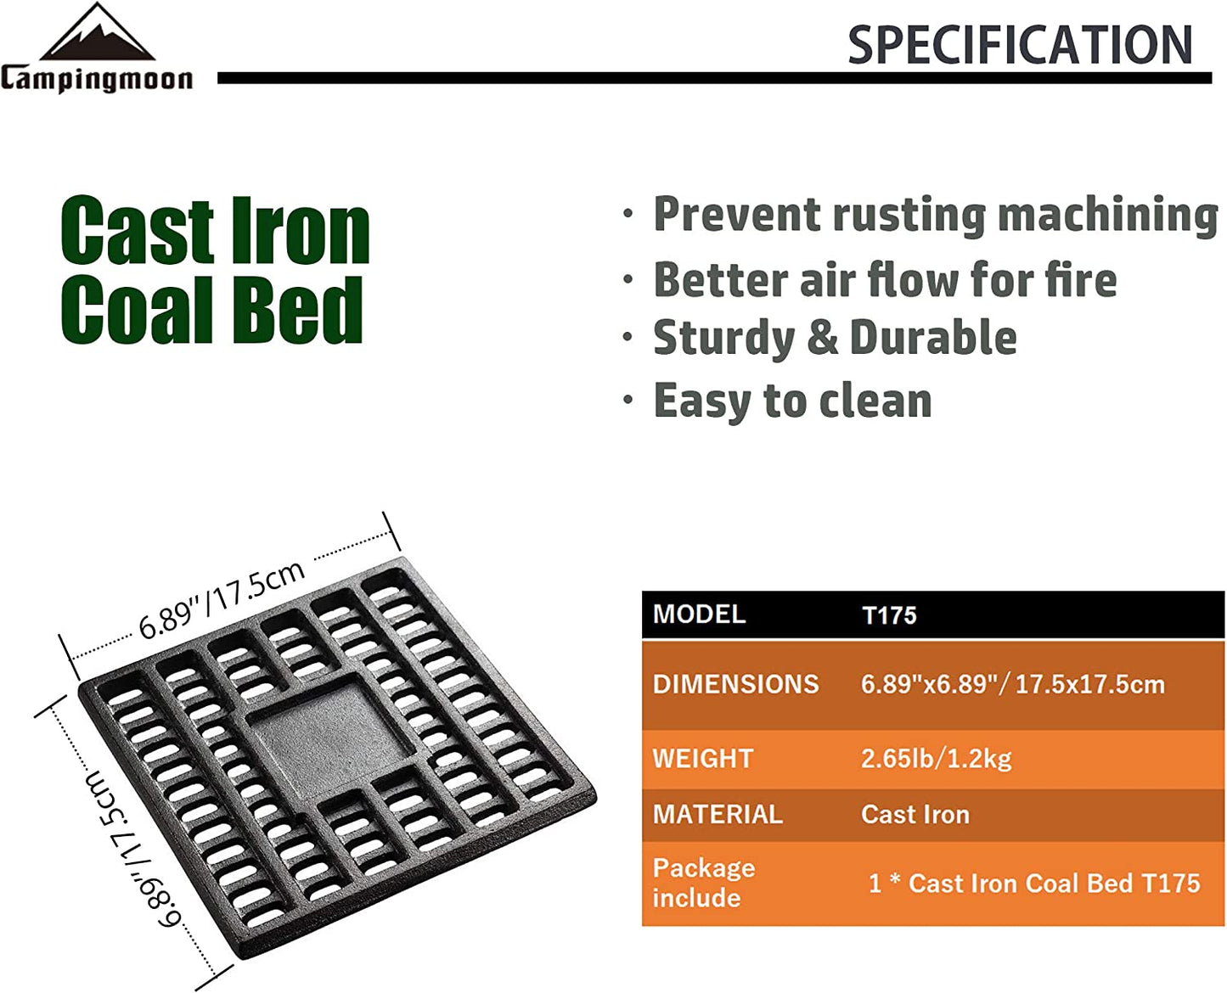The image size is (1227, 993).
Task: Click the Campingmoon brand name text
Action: [97, 79]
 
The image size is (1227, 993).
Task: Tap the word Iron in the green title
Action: [301, 231]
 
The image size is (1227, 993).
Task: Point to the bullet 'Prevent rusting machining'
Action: [935, 215]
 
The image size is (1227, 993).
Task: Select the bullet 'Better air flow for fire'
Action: [884, 280]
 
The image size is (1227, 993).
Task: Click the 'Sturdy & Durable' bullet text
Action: [834, 339]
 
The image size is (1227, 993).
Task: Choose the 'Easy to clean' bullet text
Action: [791, 401]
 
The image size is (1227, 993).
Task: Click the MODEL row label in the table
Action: [699, 614]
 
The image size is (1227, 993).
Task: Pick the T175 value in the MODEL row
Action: [889, 615]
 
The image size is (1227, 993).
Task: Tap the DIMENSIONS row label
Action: [735, 684]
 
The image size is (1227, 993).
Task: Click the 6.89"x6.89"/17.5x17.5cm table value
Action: [1012, 684]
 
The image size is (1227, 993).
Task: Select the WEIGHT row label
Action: [702, 758]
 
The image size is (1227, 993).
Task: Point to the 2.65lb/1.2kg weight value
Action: [936, 758]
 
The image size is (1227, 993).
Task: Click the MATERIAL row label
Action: [717, 815]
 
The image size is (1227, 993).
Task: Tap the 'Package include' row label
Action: [703, 883]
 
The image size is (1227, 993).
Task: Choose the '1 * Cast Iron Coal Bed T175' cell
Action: [1033, 884]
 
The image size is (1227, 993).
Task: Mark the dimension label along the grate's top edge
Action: [222, 600]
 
